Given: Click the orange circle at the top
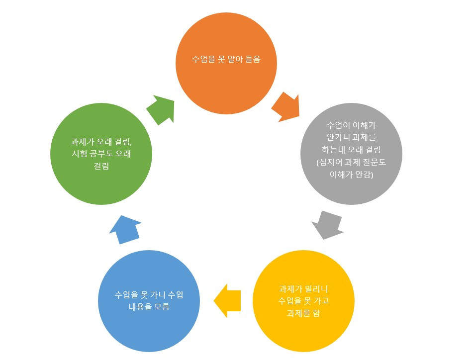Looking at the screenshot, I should click(x=226, y=63).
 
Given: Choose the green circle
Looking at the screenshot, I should click(x=101, y=154).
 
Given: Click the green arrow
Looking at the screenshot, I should click(x=160, y=109).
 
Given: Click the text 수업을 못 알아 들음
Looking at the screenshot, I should click(x=226, y=59).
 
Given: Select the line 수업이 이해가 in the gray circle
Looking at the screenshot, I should click(x=351, y=124).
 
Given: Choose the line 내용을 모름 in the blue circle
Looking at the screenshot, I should click(x=149, y=307).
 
